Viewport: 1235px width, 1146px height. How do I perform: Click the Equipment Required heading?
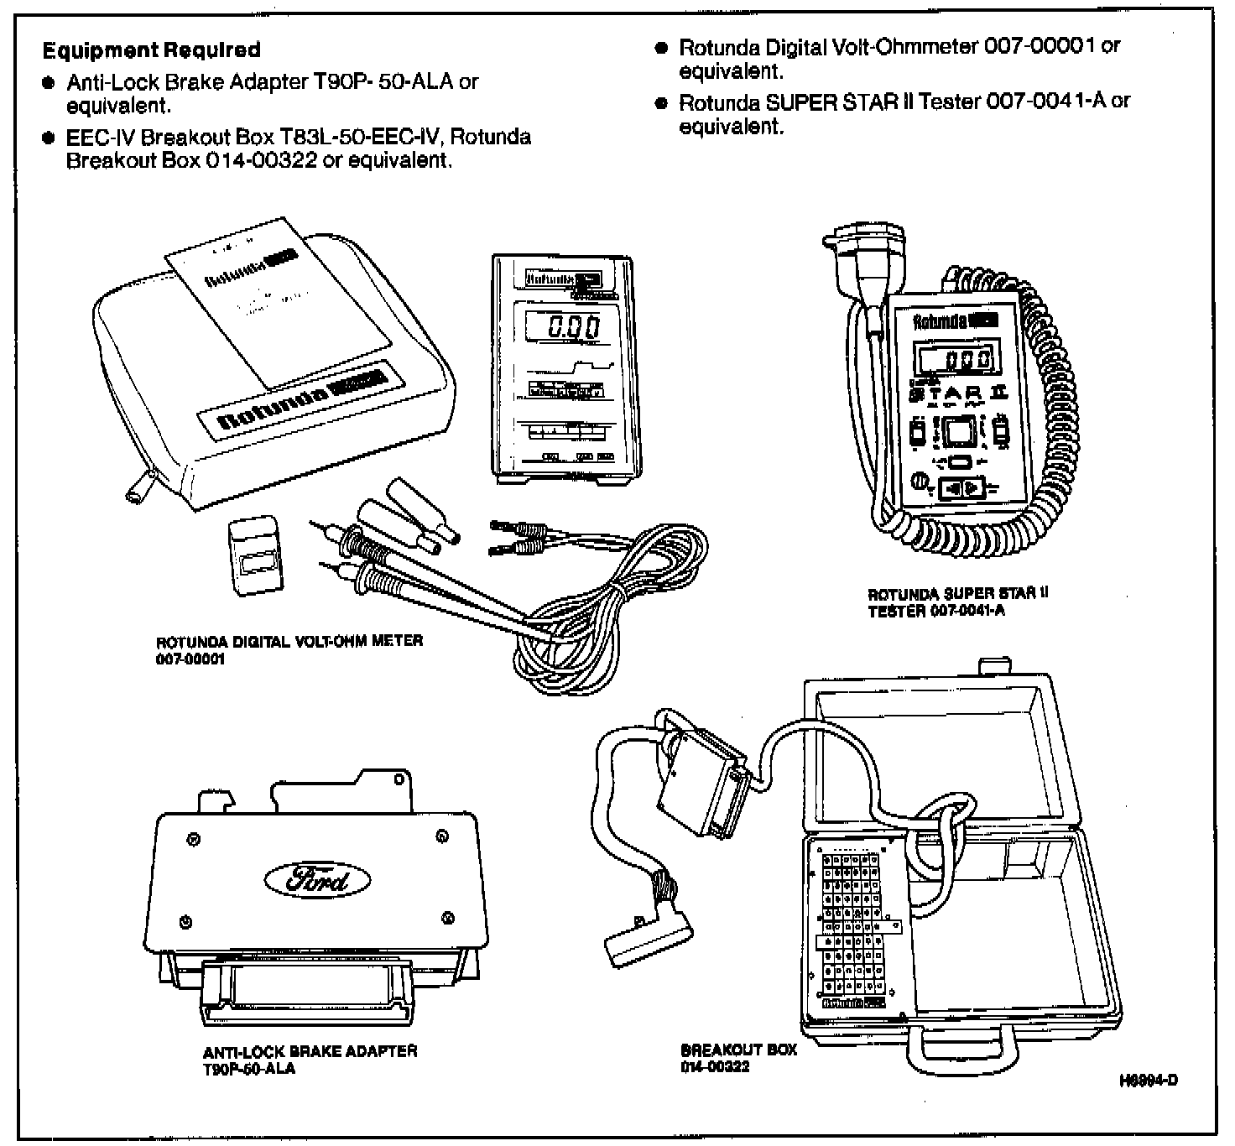tap(151, 50)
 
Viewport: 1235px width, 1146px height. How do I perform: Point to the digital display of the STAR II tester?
tap(956, 362)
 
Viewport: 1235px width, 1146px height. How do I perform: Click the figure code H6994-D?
tap(1149, 1081)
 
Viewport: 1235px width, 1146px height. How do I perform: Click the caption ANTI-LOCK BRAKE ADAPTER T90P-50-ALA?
tap(310, 1060)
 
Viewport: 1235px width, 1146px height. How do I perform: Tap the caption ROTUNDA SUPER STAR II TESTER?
tap(957, 602)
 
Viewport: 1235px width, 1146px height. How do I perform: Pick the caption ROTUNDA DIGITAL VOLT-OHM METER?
tap(289, 649)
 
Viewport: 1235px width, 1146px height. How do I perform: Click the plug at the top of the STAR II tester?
tap(866, 251)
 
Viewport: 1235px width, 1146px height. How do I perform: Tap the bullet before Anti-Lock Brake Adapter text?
tap(50, 83)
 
